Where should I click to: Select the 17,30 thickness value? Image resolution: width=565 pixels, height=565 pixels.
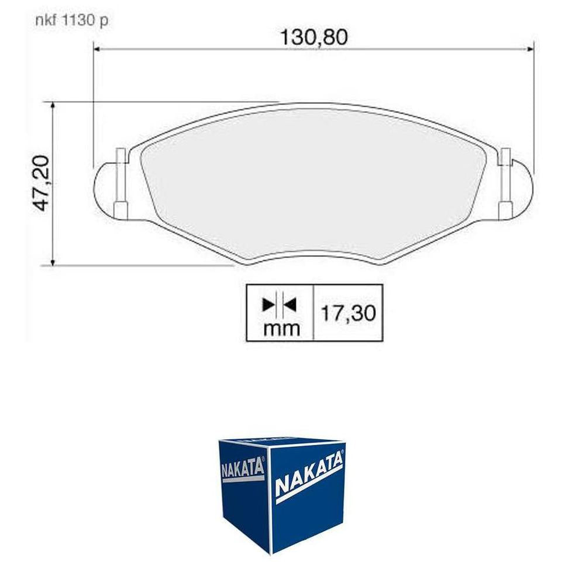[348, 313]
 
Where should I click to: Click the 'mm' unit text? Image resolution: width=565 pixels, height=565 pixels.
[281, 329]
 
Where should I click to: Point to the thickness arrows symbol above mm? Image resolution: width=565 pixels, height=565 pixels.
[279, 303]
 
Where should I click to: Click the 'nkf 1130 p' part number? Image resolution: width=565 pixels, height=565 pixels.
[70, 20]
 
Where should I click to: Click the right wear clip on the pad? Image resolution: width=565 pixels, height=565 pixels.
[505, 183]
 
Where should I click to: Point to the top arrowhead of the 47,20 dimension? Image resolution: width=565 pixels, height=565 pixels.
[52, 105]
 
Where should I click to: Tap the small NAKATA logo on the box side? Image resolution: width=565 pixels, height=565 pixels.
[242, 468]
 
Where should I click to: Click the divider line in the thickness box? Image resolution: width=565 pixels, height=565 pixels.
[313, 312]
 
